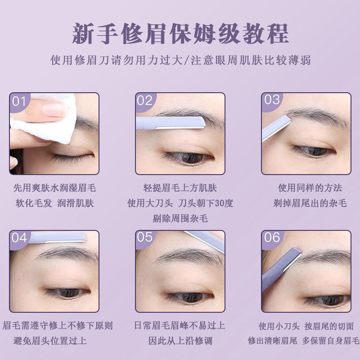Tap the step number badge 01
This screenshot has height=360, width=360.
click(19, 101)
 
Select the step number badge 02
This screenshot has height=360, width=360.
click(145, 101)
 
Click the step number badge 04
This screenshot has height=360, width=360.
click(19, 238)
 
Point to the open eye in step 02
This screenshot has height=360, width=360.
click(187, 157)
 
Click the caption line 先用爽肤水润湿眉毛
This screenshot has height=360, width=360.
click(54, 188)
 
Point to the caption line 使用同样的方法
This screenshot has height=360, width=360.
click(310, 188)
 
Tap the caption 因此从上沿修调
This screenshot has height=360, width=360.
click(180, 341)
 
